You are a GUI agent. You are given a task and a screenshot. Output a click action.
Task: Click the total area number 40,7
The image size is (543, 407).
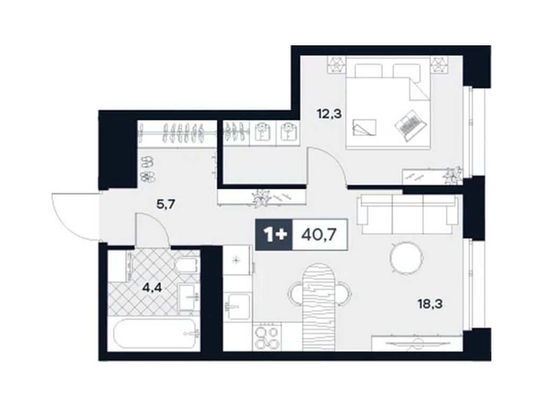tap(320, 233)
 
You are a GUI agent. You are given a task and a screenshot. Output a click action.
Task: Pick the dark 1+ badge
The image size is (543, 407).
tap(273, 233)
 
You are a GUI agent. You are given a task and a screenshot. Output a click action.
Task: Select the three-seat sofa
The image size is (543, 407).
tap(407, 214)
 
